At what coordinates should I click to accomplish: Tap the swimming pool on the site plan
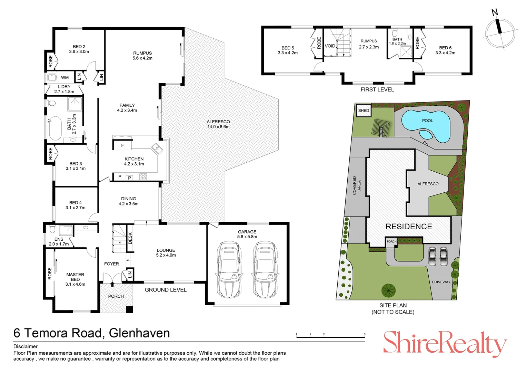(426, 125)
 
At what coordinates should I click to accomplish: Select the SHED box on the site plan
(364, 110)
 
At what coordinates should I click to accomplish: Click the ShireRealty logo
(445, 344)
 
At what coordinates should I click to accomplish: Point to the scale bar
(330, 336)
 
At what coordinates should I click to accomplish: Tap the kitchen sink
(157, 149)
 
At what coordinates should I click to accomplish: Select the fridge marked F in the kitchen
(122, 145)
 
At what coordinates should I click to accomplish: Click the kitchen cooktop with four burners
(143, 176)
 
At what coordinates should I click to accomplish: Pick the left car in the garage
(229, 269)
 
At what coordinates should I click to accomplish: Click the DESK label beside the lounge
(130, 238)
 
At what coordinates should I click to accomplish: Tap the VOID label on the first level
(330, 46)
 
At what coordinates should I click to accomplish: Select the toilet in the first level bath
(395, 33)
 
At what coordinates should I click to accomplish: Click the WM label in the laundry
(65, 77)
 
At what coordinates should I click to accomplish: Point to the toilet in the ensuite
(52, 229)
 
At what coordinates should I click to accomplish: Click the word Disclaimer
(26, 346)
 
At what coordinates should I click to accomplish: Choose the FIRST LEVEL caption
(377, 89)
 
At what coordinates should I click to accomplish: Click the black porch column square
(129, 309)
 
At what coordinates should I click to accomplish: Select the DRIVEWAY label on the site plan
(441, 282)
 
